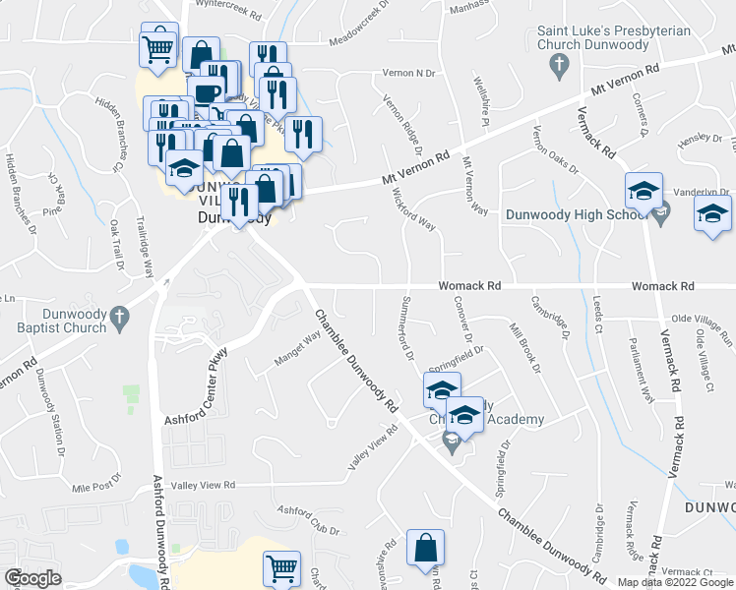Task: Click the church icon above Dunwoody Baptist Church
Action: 120,317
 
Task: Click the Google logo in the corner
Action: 32,578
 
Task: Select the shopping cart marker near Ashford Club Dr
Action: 281,568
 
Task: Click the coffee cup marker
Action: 206,93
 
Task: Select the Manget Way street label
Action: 297,351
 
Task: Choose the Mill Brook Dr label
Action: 523,347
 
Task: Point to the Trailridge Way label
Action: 144,245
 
